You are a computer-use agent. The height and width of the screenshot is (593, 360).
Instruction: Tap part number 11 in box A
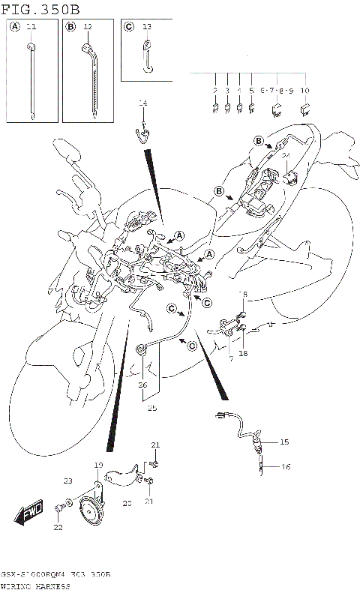[x=31, y=27]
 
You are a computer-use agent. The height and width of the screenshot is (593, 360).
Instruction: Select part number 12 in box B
[x=88, y=27]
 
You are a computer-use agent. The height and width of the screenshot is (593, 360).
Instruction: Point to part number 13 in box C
[x=147, y=27]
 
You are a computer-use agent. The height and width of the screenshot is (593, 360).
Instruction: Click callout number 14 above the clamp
[x=142, y=103]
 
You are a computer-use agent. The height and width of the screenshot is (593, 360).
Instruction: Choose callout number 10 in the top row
[x=304, y=90]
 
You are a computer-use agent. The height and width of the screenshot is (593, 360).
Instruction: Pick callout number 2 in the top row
[x=215, y=90]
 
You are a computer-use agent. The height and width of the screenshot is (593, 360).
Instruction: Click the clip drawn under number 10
[x=304, y=109]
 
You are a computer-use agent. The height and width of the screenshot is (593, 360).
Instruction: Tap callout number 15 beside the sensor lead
[x=284, y=442]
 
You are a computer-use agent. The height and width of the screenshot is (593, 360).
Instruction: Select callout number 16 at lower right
[x=284, y=466]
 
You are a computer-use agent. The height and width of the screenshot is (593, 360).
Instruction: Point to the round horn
[x=94, y=514]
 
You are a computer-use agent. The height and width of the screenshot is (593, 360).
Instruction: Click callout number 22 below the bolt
[x=58, y=528]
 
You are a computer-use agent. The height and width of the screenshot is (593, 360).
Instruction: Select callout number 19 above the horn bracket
[x=97, y=466]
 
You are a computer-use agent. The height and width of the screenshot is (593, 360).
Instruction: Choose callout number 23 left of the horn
[x=67, y=481]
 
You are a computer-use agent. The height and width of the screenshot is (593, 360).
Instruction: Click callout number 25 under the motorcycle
[x=153, y=408]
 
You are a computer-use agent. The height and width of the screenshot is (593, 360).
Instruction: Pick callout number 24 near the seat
[x=286, y=156]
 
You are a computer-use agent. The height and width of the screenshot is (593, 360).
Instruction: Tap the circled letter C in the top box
[x=128, y=27]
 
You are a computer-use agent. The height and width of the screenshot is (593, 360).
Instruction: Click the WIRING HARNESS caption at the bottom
[x=35, y=585]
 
